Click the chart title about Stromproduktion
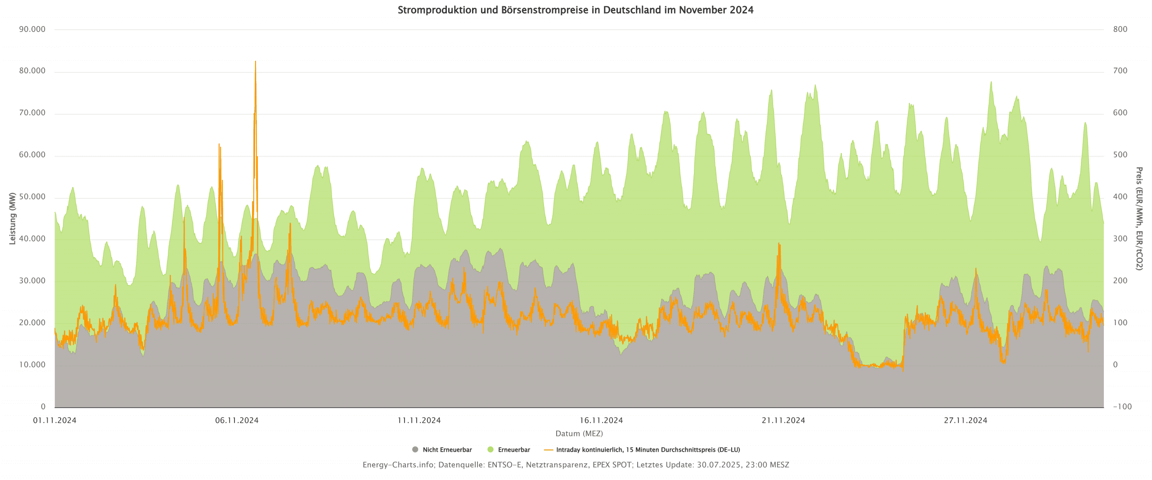[x=575, y=10]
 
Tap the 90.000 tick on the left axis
[x=32, y=29]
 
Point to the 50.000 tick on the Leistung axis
[x=32, y=197]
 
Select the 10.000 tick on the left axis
[x=32, y=364]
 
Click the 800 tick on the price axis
[x=1120, y=29]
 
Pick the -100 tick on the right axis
[x=1122, y=407]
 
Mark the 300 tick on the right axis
[x=1120, y=239]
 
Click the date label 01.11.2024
[x=55, y=421]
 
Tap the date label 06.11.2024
[x=237, y=421]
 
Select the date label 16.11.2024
[x=601, y=421]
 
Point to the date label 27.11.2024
[x=966, y=421]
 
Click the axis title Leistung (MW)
[x=13, y=219]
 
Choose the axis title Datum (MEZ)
[x=579, y=434]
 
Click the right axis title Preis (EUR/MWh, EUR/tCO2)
[x=1138, y=219]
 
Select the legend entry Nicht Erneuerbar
[x=447, y=450]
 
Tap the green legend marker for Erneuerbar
[x=490, y=449]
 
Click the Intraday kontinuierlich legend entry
[x=648, y=450]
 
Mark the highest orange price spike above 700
[x=256, y=62]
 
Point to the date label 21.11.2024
[x=783, y=421]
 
